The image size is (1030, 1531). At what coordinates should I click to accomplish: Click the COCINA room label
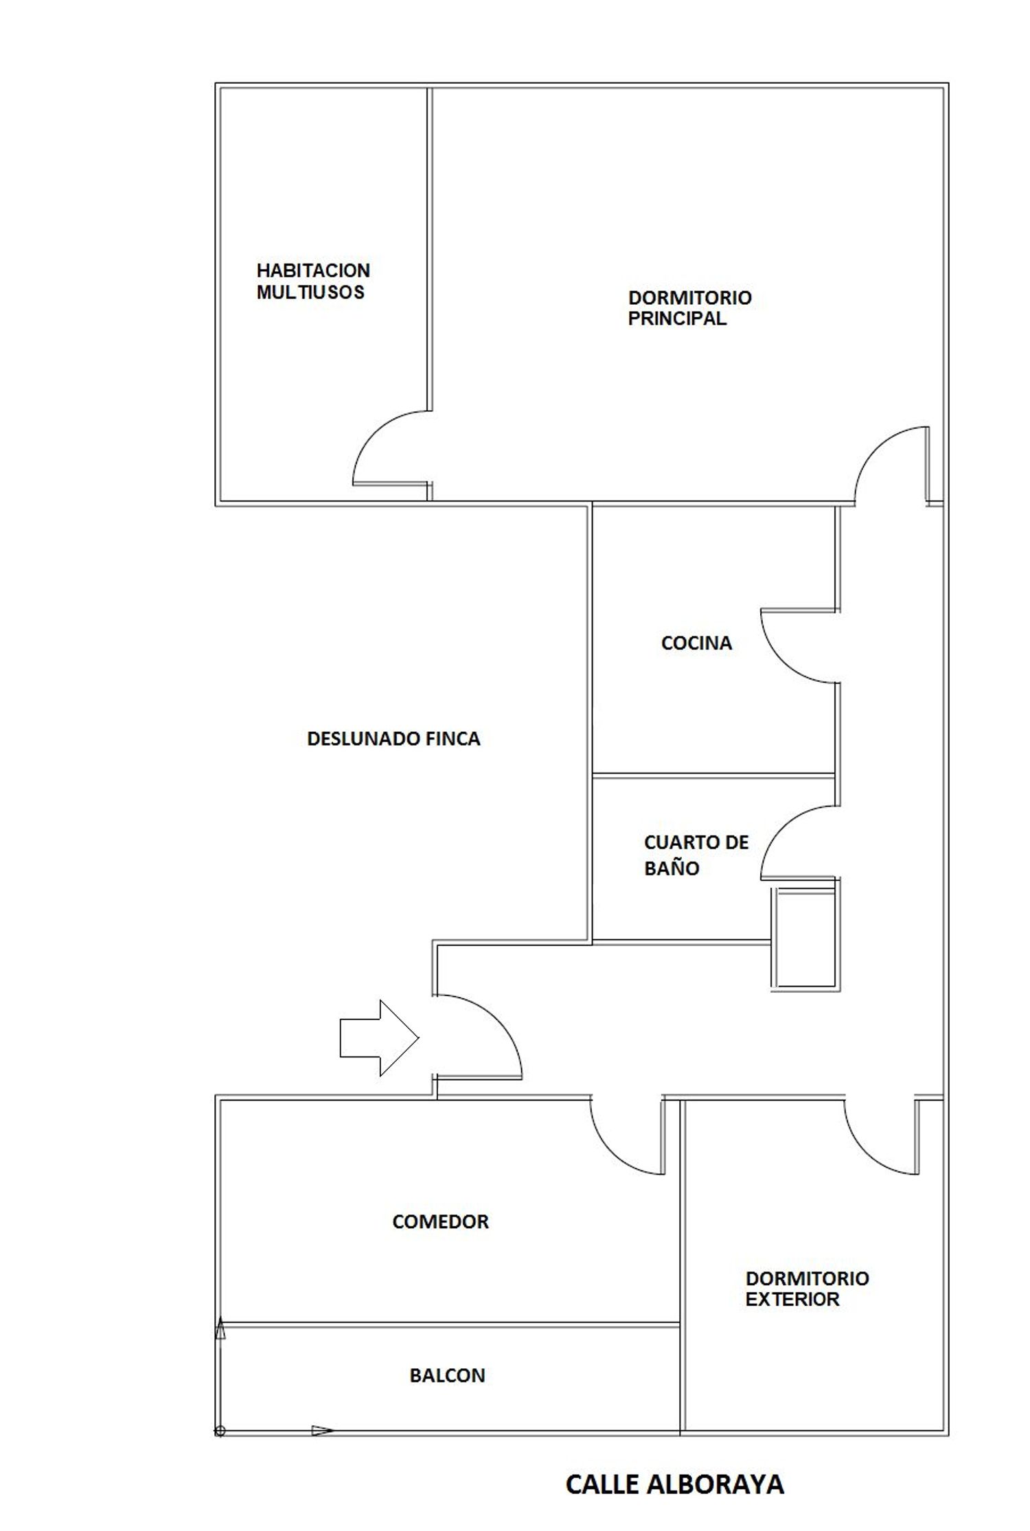pyautogui.click(x=696, y=643)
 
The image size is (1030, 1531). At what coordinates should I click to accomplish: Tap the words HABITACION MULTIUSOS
pyautogui.click(x=313, y=281)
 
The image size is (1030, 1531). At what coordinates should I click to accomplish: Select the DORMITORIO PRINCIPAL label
pyautogui.click(x=689, y=308)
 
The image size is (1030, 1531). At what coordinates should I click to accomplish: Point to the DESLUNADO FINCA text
pyautogui.click(x=393, y=739)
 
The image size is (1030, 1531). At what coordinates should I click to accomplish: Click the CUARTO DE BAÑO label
pyautogui.click(x=696, y=855)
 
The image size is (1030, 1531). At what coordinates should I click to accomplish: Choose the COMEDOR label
pyautogui.click(x=440, y=1222)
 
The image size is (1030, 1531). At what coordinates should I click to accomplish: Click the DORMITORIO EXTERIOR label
pyautogui.click(x=807, y=1289)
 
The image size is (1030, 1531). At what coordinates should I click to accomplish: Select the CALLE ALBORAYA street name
pyautogui.click(x=674, y=1485)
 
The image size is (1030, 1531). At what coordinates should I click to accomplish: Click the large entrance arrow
pyautogui.click(x=379, y=1037)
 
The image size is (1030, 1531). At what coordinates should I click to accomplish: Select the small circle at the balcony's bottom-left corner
pyautogui.click(x=220, y=1431)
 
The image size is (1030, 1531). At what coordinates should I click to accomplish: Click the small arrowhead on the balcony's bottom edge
pyautogui.click(x=323, y=1431)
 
